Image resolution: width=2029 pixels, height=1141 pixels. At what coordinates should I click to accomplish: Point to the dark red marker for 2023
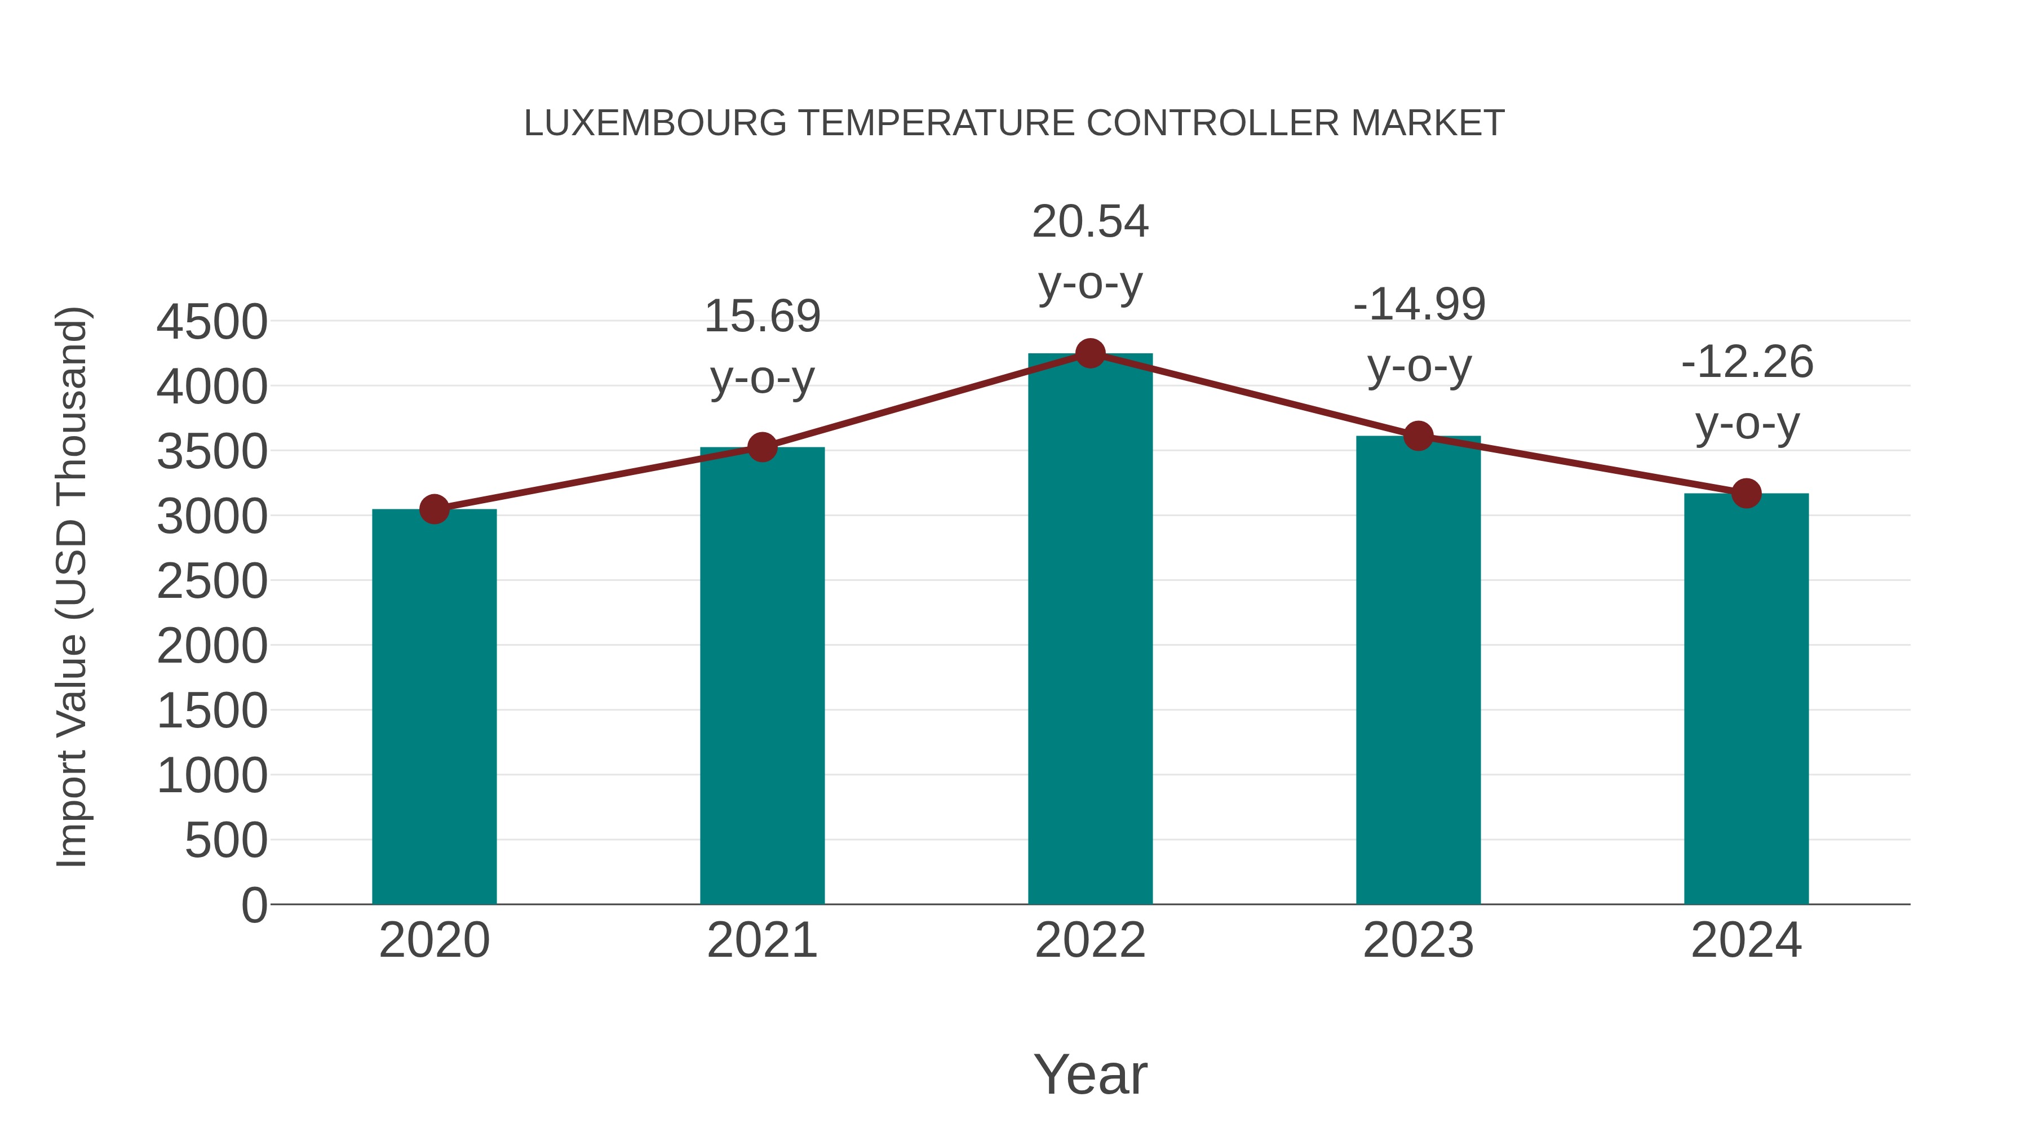[1419, 436]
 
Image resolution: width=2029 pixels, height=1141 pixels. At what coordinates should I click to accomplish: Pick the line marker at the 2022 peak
[1090, 353]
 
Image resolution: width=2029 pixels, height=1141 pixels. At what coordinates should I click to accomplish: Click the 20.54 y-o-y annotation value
[1090, 221]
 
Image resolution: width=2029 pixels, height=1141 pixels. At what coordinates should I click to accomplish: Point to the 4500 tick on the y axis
[212, 322]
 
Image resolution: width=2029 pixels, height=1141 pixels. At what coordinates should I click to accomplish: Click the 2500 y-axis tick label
[212, 582]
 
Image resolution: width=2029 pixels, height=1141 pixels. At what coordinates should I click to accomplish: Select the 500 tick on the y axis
[226, 841]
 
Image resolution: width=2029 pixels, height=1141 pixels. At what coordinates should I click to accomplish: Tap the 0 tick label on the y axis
[254, 905]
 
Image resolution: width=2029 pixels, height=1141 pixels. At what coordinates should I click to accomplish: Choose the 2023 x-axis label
[1419, 940]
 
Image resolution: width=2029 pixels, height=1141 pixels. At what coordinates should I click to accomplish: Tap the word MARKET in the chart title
[1427, 123]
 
